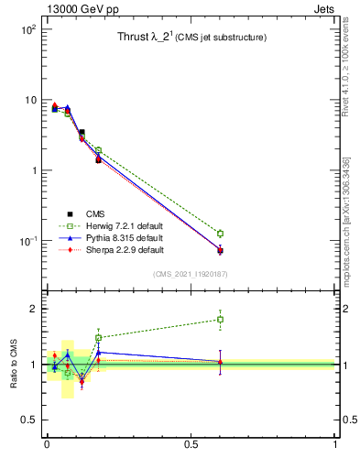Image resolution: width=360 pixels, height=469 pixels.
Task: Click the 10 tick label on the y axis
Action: click(x=28, y=100)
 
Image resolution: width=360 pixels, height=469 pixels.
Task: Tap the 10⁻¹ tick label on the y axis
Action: click(x=26, y=241)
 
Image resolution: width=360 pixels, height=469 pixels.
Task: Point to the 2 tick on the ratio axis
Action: click(x=31, y=309)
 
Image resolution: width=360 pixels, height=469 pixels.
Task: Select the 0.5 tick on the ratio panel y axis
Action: click(x=27, y=420)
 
